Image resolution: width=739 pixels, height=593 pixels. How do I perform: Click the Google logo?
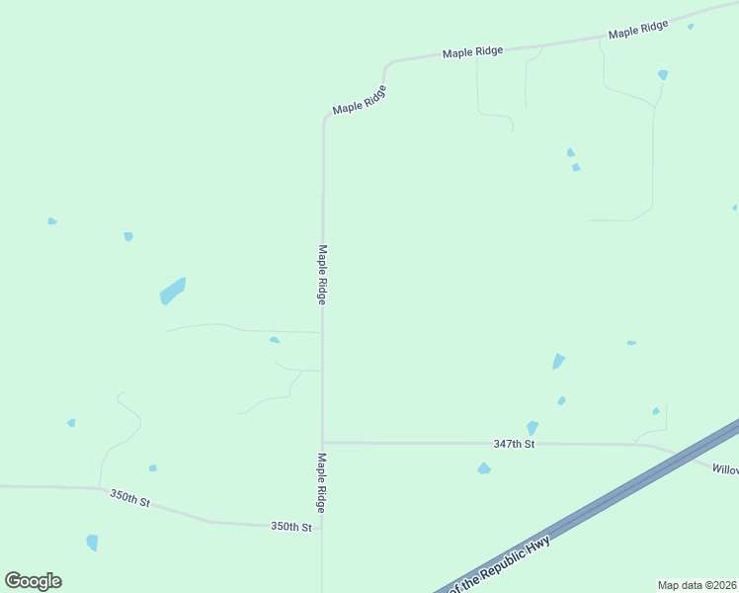coord(34,581)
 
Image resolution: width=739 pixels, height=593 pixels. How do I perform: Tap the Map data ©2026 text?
coord(697,584)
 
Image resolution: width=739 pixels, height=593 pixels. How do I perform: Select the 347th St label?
coord(514,445)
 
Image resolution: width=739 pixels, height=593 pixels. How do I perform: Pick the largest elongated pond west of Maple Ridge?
coord(173,291)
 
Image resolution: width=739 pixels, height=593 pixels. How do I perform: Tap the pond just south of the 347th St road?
coord(484,468)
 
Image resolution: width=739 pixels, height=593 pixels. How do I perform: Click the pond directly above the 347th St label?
coord(533,428)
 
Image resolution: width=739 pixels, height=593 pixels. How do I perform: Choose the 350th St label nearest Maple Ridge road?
coord(291,527)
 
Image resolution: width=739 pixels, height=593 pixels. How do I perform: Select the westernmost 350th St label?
coord(129,498)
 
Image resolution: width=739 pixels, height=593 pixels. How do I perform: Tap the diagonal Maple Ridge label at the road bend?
coord(359,100)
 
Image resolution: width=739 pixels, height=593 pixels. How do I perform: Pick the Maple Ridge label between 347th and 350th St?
coord(321,482)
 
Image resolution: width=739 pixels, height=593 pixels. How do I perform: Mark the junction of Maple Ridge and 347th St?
coord(322,443)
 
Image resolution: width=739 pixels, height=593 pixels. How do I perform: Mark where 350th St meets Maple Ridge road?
coord(322,526)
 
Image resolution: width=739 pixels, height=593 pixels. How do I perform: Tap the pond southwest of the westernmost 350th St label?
coord(92,542)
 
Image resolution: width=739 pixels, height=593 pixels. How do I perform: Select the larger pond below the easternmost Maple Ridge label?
coord(663,74)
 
